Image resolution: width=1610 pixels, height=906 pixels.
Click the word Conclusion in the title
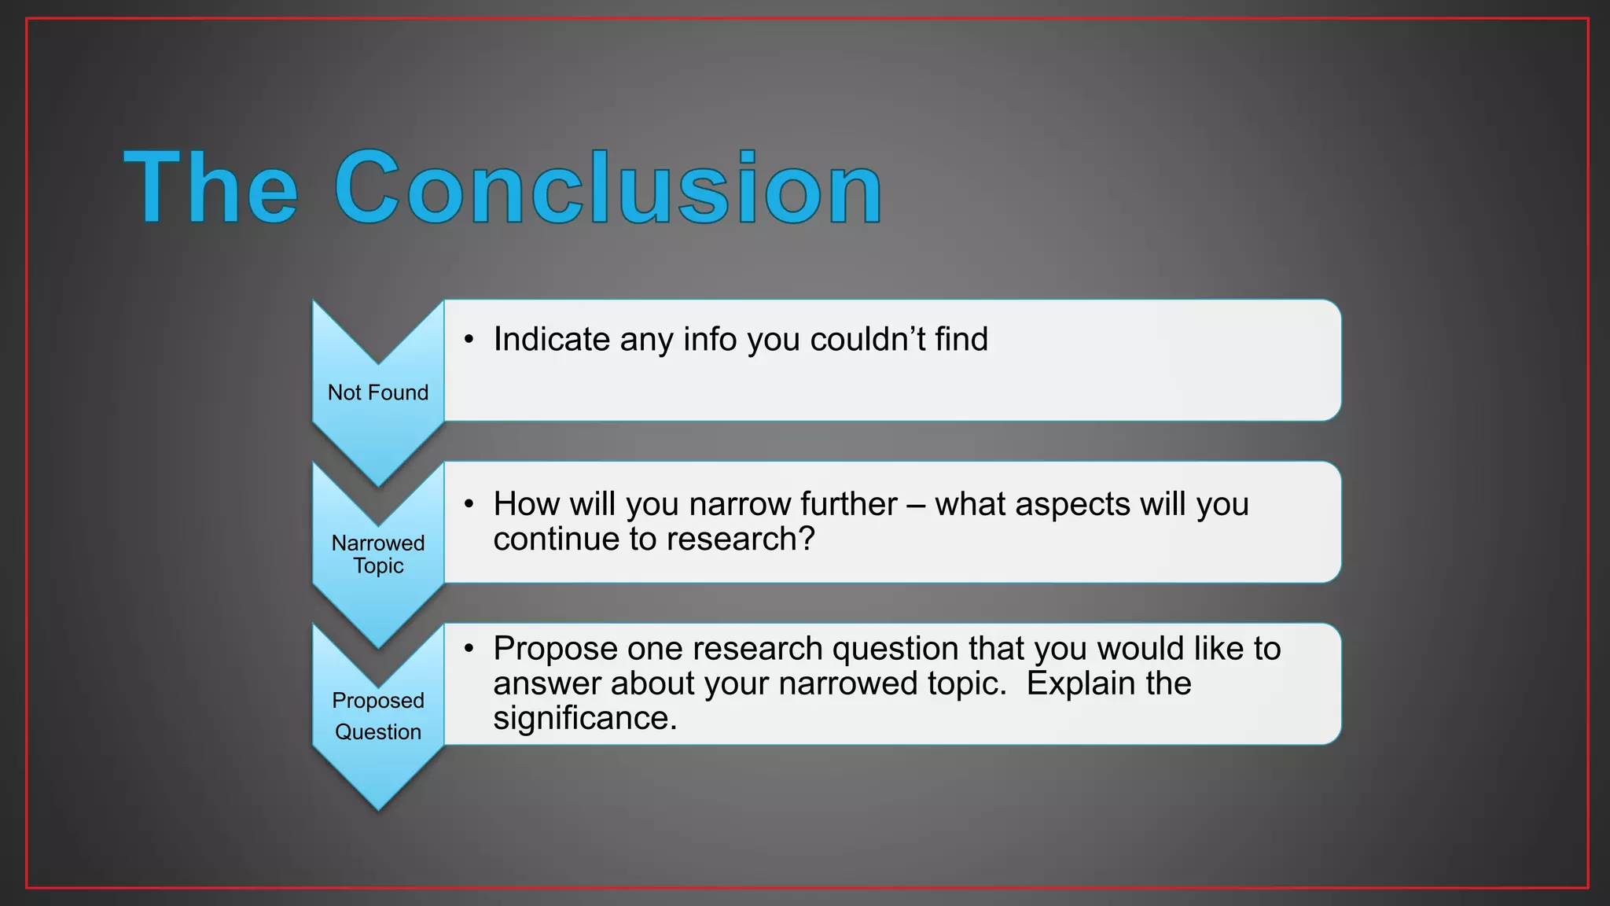click(608, 189)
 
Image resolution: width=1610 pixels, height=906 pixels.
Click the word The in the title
click(211, 189)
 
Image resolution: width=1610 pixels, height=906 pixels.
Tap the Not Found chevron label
click(378, 392)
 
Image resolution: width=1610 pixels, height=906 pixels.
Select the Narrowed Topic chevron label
click(378, 554)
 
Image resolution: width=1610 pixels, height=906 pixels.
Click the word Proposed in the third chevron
click(378, 700)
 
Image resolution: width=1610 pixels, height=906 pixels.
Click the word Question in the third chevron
click(378, 732)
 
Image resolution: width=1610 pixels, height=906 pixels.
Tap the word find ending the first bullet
click(961, 340)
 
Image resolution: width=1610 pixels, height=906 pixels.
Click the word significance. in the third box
click(585, 719)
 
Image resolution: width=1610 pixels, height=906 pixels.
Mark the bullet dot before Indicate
click(469, 341)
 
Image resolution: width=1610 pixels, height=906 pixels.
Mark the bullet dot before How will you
click(469, 505)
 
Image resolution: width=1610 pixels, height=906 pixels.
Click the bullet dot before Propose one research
click(469, 650)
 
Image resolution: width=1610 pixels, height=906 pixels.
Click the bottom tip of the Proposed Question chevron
click(378, 808)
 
